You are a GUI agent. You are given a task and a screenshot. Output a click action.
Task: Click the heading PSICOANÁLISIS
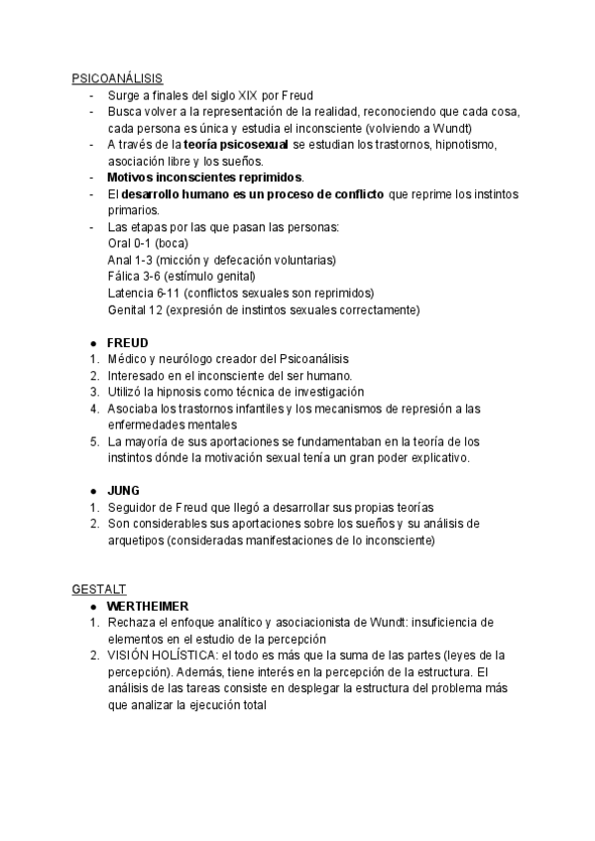pyautogui.click(x=117, y=78)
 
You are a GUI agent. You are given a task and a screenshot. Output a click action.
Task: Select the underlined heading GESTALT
pyautogui.click(x=99, y=589)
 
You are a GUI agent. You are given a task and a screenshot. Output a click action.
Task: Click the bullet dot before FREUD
pyautogui.click(x=91, y=342)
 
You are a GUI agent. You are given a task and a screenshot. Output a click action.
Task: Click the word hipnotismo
pyautogui.click(x=463, y=145)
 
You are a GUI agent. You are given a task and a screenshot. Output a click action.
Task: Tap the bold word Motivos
pyautogui.click(x=133, y=178)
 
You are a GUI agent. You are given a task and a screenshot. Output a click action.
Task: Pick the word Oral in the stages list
pyautogui.click(x=119, y=243)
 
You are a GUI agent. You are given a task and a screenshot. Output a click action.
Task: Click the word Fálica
pyautogui.click(x=124, y=276)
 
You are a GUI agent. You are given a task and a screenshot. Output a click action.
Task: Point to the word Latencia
pyautogui.click(x=131, y=293)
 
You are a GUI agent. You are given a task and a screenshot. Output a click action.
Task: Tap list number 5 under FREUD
pyautogui.click(x=91, y=441)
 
